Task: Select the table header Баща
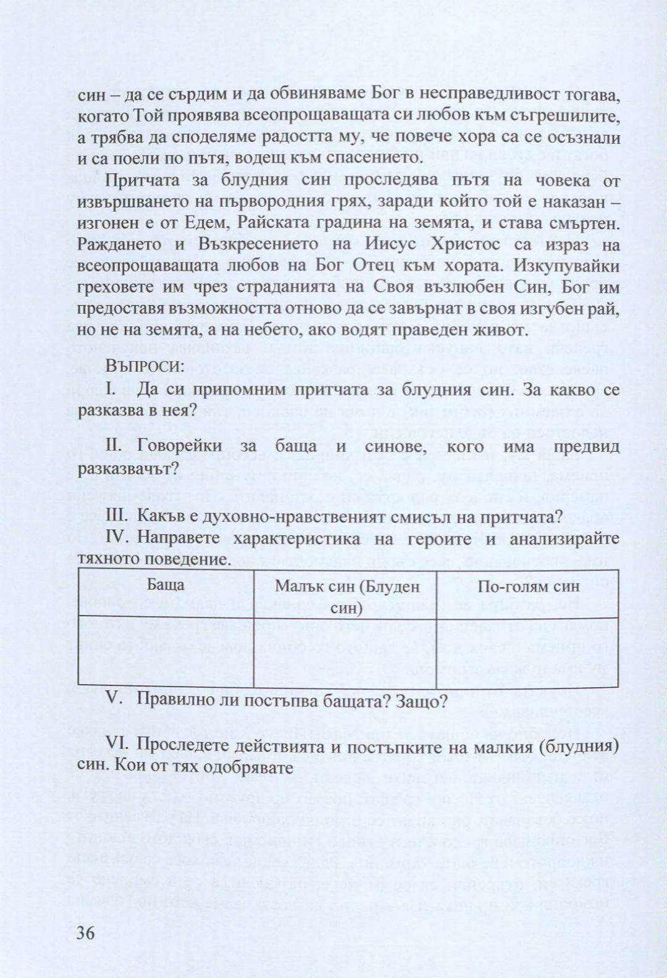pos(166,585)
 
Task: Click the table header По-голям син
pos(529,586)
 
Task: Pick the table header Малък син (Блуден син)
pos(345,596)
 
